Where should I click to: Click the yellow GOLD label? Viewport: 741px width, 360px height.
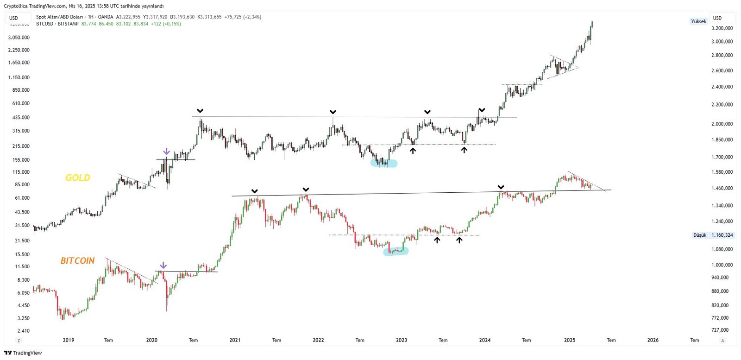coord(77,177)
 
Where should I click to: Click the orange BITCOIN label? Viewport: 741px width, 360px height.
coord(77,260)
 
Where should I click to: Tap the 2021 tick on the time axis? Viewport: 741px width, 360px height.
coord(235,340)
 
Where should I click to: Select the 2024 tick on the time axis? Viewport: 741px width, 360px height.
coord(485,340)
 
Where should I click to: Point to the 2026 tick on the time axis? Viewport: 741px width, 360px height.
coord(653,340)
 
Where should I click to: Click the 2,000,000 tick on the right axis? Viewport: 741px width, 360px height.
coord(722,124)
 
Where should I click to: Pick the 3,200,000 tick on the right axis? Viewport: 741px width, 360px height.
coord(722,28)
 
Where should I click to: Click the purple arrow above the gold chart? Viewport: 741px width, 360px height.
coord(167,152)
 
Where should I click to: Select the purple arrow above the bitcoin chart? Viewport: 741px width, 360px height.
coord(163,265)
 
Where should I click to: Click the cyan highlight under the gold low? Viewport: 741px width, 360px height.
coord(384,163)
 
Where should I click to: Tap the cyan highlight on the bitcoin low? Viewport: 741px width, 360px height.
coord(396,251)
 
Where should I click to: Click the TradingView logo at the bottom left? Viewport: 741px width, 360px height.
coord(23,353)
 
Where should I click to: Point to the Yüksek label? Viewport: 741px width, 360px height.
coord(698,21)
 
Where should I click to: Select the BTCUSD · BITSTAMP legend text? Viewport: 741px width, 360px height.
coord(57,24)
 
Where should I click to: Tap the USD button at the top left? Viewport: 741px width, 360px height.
coord(14,18)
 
